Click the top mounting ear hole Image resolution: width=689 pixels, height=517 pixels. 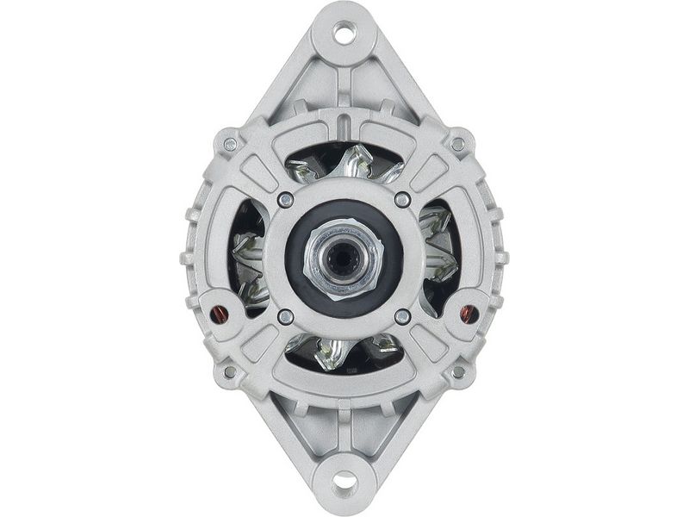[x=344, y=34]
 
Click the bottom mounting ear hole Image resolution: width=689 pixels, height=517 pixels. [x=344, y=480]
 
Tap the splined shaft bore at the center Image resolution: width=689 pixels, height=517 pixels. [x=344, y=256]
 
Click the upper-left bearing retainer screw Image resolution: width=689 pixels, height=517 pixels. [x=286, y=200]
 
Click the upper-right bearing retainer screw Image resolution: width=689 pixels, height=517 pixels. [x=402, y=200]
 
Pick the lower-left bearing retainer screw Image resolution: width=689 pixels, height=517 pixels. [x=286, y=316]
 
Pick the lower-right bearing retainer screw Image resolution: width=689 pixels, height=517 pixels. [x=402, y=316]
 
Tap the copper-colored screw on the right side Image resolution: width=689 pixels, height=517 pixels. [x=469, y=313]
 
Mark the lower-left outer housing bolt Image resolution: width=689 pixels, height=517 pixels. [x=230, y=372]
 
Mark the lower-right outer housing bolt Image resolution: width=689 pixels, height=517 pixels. [x=458, y=372]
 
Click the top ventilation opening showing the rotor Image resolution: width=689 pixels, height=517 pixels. [x=344, y=164]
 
